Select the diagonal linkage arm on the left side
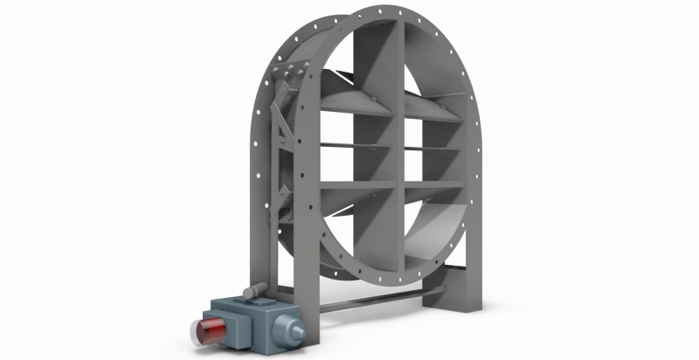(278, 131)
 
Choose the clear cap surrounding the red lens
(197, 332)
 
